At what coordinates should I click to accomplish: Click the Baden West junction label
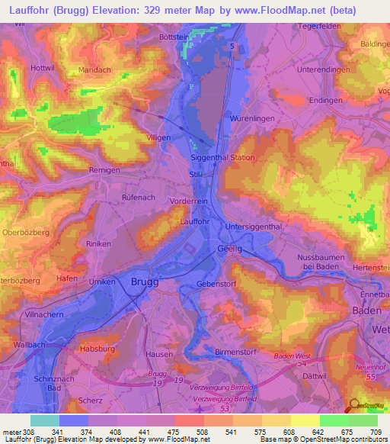(x=292, y=356)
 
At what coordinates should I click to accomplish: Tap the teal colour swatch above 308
(x=45, y=420)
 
